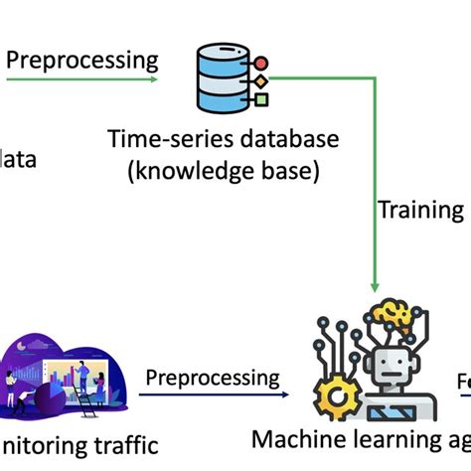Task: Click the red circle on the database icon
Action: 261,64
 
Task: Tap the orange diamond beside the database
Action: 261,80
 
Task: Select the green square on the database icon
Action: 261,98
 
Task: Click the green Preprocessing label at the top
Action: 82,59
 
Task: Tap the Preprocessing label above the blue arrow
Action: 213,378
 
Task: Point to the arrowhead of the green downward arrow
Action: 374,285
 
